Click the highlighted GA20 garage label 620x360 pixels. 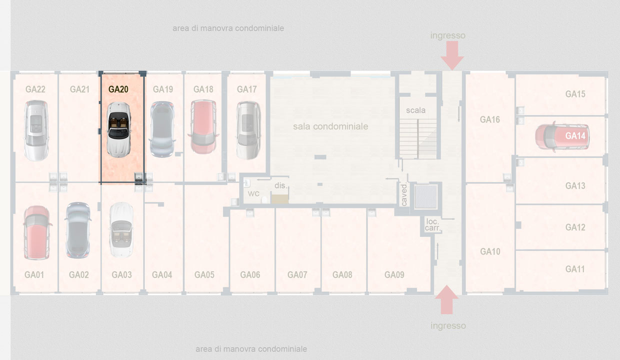click(118, 89)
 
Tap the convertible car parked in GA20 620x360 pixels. click(119, 130)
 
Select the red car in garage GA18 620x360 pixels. click(203, 127)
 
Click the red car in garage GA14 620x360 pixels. click(562, 136)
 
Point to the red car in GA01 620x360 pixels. click(37, 232)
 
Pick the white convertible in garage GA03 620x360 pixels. click(121, 229)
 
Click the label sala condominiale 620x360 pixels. click(330, 126)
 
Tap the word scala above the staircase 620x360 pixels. click(415, 110)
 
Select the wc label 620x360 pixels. click(253, 193)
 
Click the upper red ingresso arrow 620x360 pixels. click(452, 55)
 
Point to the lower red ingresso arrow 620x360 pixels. click(446, 299)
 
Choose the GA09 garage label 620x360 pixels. click(394, 275)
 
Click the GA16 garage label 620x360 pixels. click(489, 119)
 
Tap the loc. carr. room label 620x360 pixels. click(432, 224)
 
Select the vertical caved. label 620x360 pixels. click(404, 194)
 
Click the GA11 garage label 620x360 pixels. click(575, 269)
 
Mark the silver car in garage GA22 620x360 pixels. click(36, 130)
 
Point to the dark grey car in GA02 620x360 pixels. click(78, 230)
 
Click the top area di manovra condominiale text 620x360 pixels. click(228, 28)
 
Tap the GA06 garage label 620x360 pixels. click(250, 275)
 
